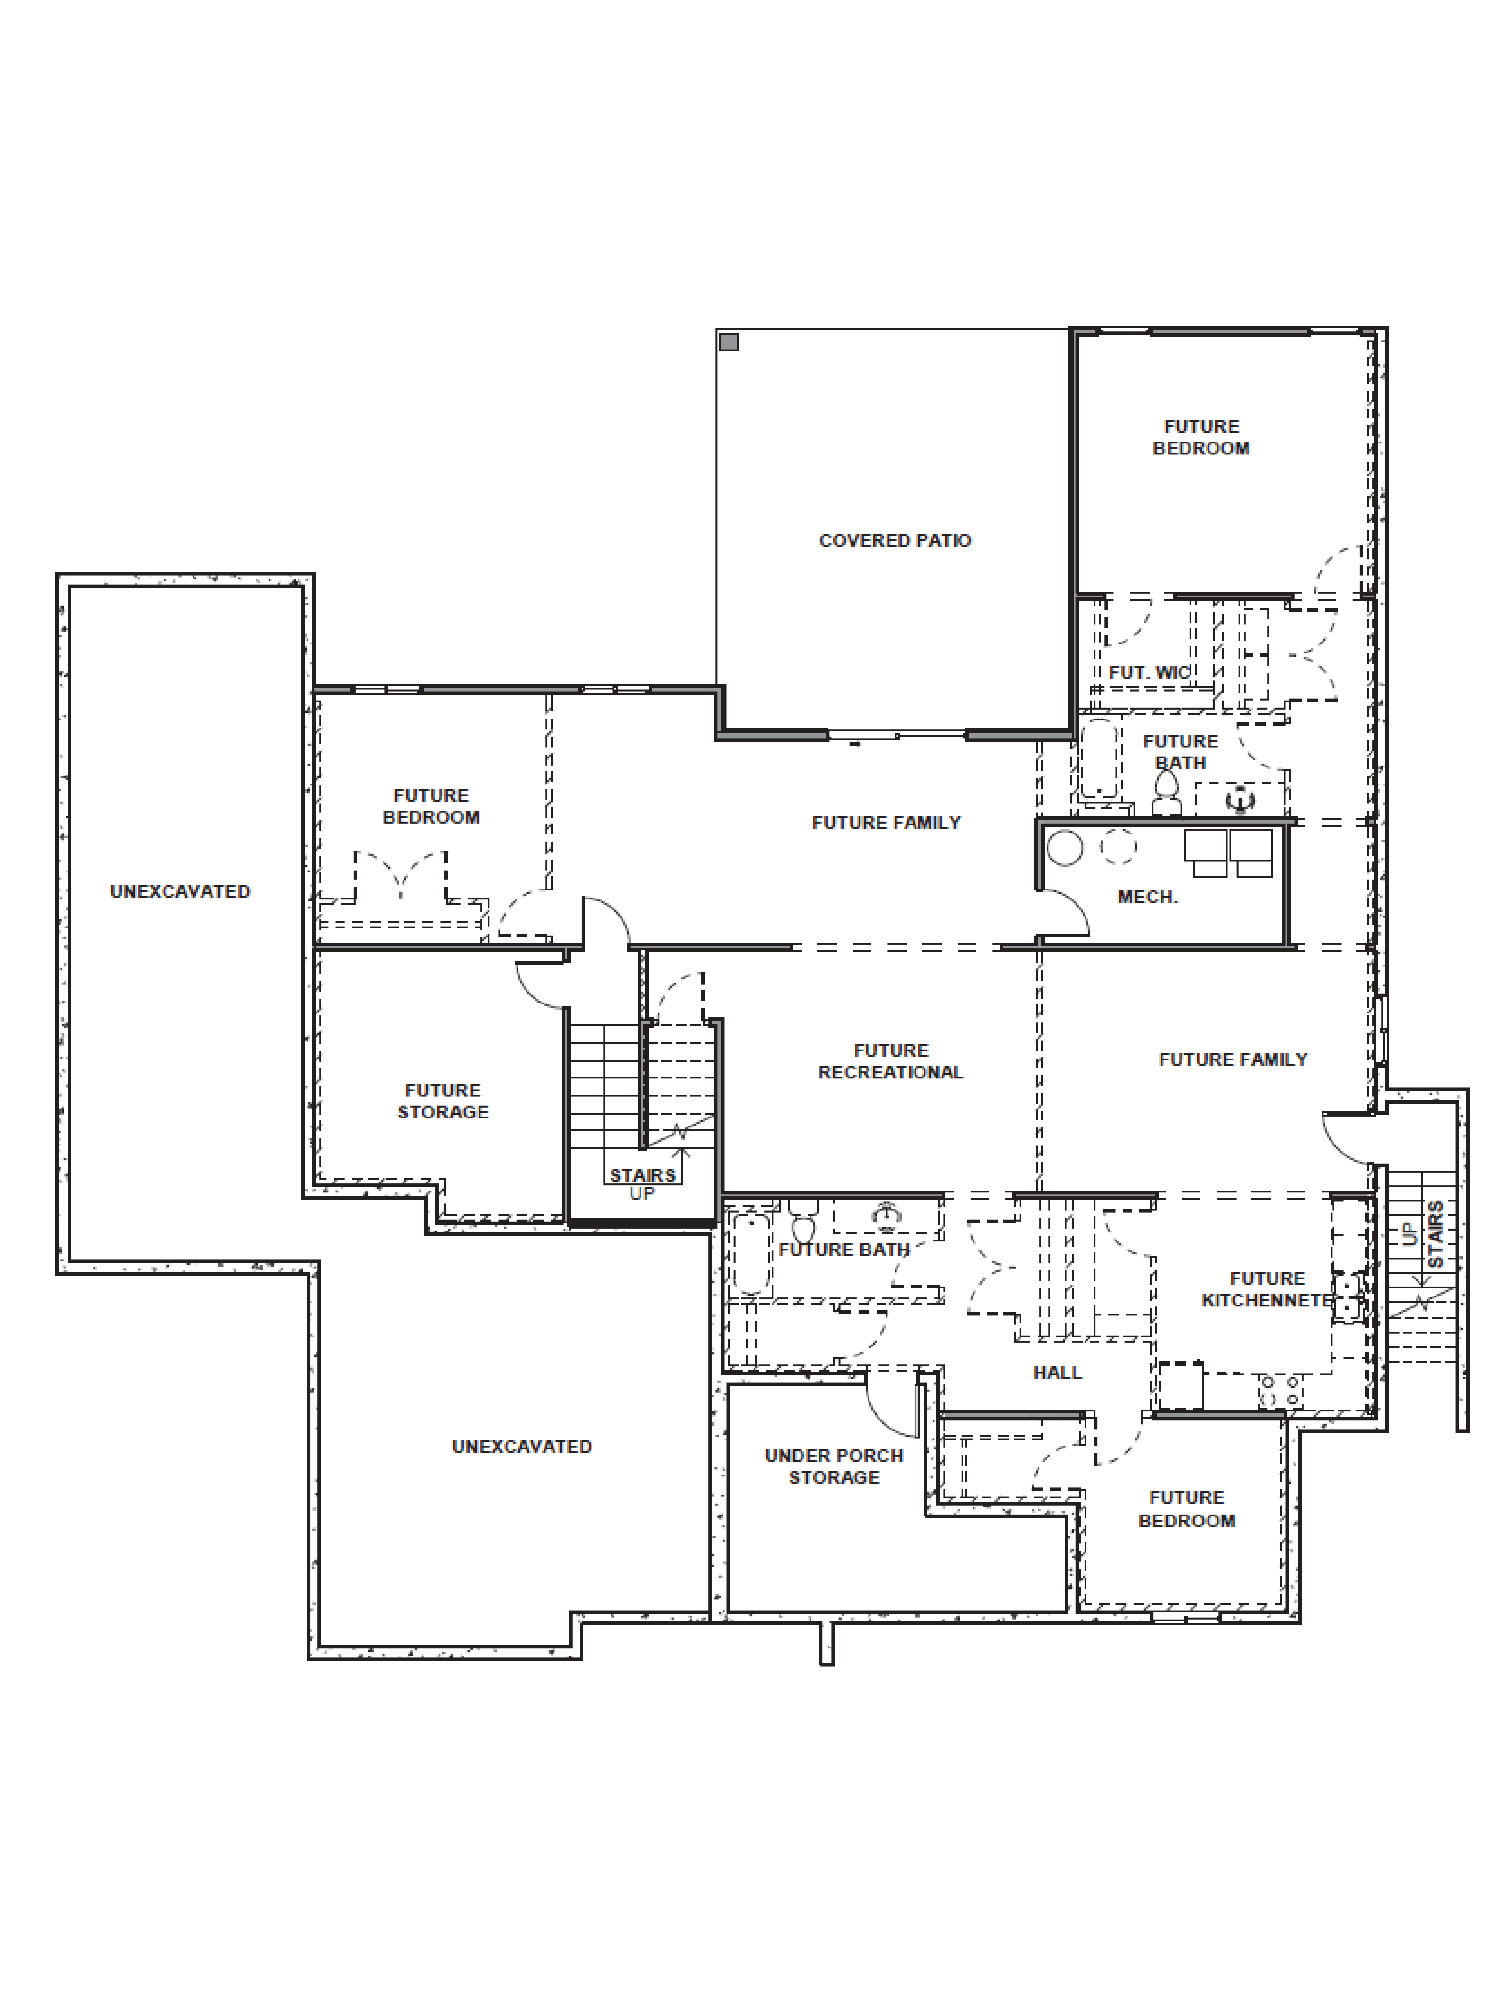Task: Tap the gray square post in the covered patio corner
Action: tap(729, 342)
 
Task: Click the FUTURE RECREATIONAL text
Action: tap(890, 1062)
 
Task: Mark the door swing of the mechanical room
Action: tap(1065, 913)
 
